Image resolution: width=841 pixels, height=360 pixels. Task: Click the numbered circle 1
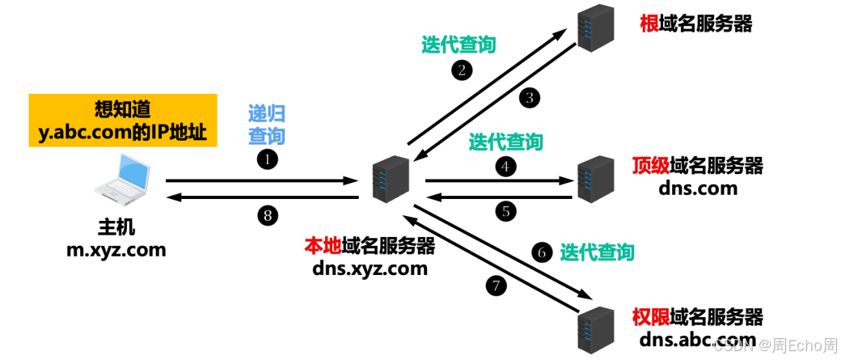point(267,159)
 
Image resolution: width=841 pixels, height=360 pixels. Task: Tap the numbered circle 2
point(461,70)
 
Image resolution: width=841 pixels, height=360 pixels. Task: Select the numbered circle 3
point(530,98)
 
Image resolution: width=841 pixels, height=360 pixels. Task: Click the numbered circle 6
point(543,252)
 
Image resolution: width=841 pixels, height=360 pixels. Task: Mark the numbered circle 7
point(494,285)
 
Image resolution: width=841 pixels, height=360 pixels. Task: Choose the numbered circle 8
point(267,215)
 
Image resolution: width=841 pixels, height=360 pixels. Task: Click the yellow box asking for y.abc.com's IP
point(124,121)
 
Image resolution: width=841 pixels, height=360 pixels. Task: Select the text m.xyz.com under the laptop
point(116,250)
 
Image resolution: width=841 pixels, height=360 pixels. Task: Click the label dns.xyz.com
point(370,269)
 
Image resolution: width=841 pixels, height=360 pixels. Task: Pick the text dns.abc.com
point(697,339)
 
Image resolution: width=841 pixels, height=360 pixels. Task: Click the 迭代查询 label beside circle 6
point(597,252)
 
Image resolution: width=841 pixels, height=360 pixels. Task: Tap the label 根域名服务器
point(695,24)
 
